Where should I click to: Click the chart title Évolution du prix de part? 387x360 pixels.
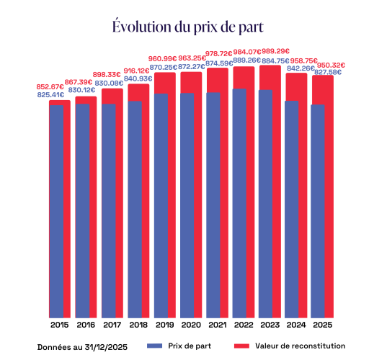(x=187, y=27)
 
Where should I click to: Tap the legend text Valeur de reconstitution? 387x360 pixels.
(x=301, y=346)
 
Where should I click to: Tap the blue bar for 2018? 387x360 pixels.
(x=134, y=209)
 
